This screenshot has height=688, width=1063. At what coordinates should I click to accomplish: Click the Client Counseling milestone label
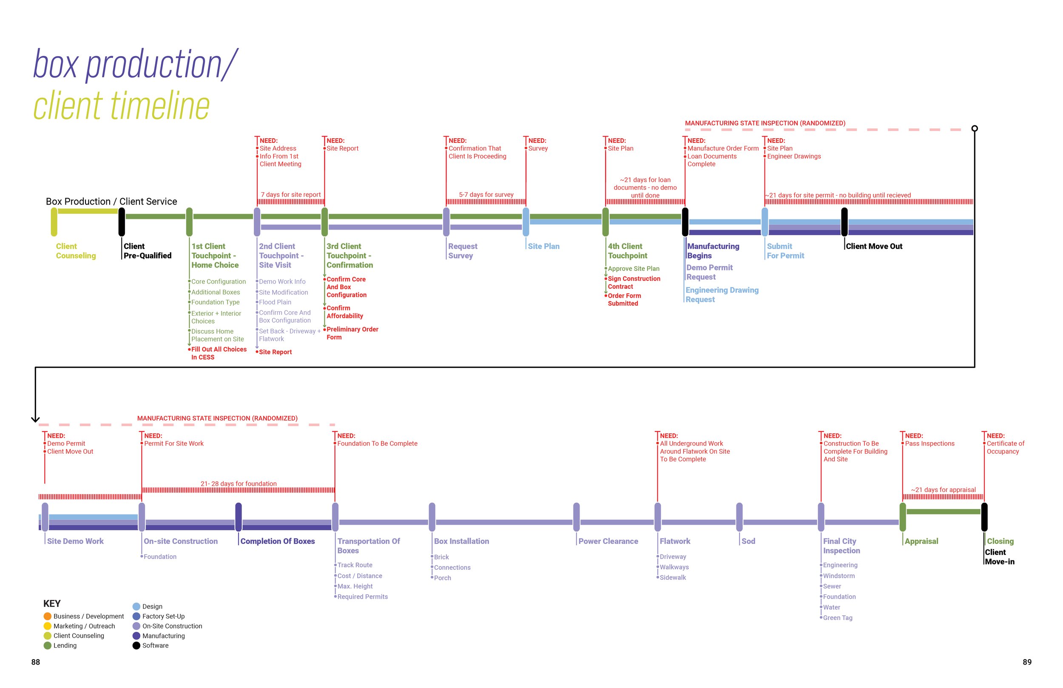click(76, 250)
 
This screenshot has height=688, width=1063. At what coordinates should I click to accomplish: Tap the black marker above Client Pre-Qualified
click(122, 222)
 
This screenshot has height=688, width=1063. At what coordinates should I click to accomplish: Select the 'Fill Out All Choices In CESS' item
click(219, 353)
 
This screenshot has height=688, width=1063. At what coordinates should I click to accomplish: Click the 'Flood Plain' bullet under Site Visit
click(275, 302)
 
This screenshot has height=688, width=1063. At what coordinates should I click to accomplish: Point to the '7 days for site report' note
click(291, 194)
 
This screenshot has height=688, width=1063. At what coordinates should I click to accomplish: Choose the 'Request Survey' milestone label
click(463, 250)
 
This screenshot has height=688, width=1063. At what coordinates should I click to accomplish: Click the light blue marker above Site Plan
click(526, 222)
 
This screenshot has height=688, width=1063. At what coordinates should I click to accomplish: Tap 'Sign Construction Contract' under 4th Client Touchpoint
click(634, 282)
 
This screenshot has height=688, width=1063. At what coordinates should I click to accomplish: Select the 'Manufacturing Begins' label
click(713, 250)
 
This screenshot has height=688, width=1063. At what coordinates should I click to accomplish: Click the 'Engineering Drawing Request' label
click(722, 294)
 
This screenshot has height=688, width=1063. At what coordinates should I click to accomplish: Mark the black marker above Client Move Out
click(844, 222)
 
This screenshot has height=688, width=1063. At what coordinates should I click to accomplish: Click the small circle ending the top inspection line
click(975, 128)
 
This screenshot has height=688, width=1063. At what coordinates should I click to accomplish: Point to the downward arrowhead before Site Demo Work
click(35, 419)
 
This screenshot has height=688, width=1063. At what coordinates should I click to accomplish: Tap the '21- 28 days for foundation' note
click(239, 483)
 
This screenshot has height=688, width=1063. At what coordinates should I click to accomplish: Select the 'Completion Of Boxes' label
click(277, 541)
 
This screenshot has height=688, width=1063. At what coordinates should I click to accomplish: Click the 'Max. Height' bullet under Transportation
click(355, 586)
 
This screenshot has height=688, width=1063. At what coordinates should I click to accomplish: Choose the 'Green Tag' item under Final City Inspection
click(838, 617)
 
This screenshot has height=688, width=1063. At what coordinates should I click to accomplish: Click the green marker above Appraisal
click(903, 517)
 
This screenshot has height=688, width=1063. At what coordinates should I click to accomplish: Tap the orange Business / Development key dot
click(47, 616)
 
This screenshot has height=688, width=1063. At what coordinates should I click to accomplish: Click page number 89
click(1027, 662)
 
